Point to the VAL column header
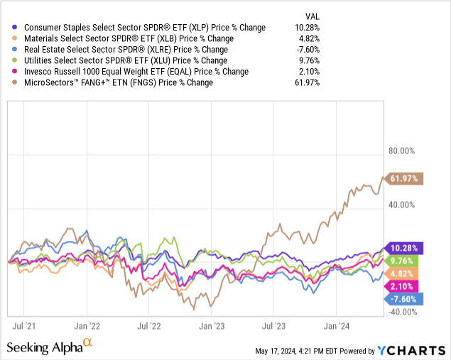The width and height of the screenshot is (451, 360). click(x=311, y=16)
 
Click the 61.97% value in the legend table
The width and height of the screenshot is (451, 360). click(x=307, y=82)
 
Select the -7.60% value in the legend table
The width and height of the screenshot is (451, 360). click(x=307, y=50)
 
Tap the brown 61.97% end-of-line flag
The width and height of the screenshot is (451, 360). click(x=406, y=178)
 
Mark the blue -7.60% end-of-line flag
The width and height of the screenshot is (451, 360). click(x=406, y=299)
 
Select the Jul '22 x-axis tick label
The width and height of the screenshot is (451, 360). click(x=148, y=326)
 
